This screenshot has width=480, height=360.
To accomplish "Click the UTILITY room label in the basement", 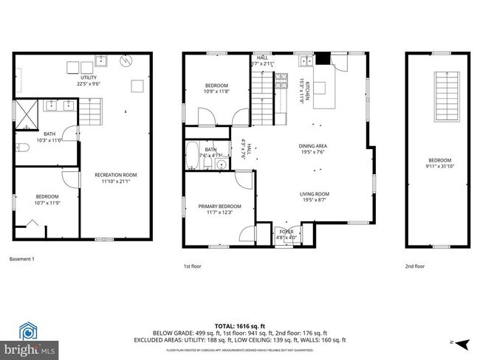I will tap(88, 77).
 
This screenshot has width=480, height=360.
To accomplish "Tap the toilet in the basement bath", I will tap(22, 149).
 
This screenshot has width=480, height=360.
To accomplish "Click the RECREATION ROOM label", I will tap(115, 175).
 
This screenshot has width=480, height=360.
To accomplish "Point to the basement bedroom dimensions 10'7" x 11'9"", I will tap(47, 202).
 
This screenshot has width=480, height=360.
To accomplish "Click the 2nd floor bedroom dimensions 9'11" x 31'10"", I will tap(439, 167).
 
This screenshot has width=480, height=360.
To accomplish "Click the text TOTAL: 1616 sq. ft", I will tap(240, 325).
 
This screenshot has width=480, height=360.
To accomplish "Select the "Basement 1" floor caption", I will tap(22, 259).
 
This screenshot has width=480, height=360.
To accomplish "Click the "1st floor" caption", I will tap(193, 266).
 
